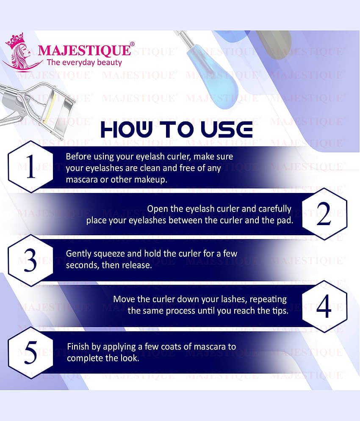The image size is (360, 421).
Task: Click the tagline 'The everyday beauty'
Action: coord(84,63)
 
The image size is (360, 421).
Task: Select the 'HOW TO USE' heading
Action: coord(177,129)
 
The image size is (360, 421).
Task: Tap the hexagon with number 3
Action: coord(30,259)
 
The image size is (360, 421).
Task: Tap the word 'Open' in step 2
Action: coord(156,209)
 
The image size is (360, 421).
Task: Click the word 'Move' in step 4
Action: coord(122,299)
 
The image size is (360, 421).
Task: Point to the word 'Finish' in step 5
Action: coord(78,347)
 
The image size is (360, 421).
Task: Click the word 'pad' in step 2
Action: coord(285,220)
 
